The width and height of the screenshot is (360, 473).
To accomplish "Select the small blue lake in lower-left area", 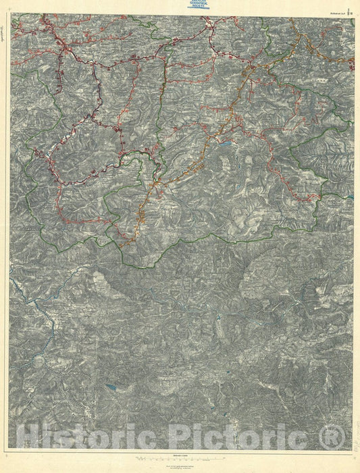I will (111, 387).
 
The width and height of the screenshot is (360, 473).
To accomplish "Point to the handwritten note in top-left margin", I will (4, 30).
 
